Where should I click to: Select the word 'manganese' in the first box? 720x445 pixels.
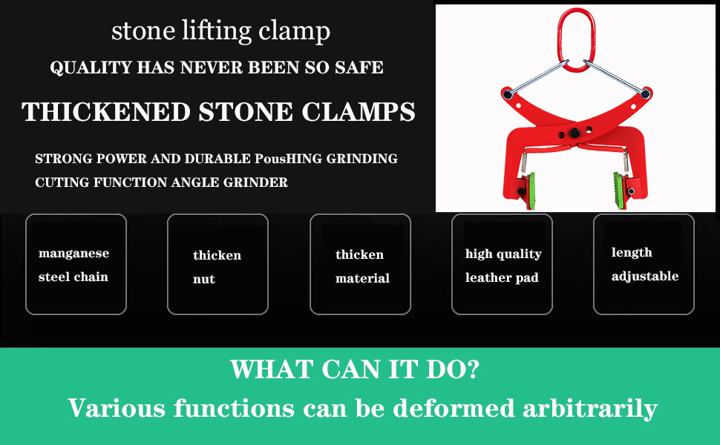[x=73, y=254]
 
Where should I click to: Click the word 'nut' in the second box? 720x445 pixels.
[x=203, y=279]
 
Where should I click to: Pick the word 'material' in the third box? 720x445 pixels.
[x=362, y=279]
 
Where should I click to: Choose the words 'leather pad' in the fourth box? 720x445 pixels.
[x=502, y=278]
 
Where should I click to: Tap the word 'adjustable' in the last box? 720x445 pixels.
[x=644, y=277]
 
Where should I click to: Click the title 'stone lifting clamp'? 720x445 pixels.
[x=220, y=31]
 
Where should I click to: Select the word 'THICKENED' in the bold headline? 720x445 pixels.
[x=106, y=112]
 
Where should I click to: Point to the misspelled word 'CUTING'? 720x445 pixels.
[x=59, y=182]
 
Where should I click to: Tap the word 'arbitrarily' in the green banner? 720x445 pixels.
[x=586, y=408]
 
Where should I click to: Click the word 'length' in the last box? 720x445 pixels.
[x=632, y=253]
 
